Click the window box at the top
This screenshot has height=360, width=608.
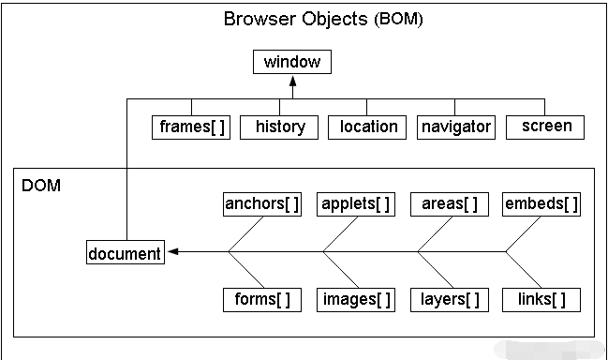291,63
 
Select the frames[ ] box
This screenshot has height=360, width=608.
192,127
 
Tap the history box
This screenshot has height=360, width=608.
279,127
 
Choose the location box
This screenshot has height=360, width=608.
367,127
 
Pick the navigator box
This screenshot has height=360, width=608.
455,127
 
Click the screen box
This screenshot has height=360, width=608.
545,126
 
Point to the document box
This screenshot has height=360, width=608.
125,252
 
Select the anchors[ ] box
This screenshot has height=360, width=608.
262,203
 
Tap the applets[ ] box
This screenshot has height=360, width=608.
355,203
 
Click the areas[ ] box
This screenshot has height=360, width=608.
449,203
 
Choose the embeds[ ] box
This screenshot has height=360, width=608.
541,203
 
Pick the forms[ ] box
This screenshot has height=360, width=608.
262,300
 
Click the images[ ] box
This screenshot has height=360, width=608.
355,300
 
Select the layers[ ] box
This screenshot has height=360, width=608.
449,300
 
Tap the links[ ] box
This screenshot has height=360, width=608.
541,300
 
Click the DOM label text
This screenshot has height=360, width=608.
41,186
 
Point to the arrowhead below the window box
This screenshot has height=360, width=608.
292,82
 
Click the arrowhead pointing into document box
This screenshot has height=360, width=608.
173,251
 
